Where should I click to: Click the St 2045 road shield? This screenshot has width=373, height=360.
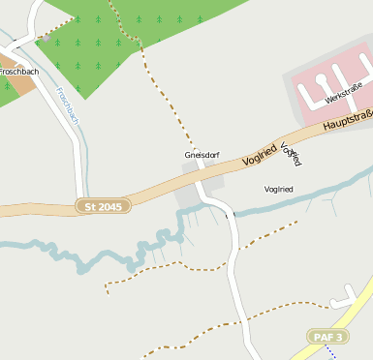coord(104,206)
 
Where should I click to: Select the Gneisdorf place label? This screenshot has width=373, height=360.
coord(202,155)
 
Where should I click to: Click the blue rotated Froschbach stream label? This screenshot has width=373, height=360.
coord(67,105)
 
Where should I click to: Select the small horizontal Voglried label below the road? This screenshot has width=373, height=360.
coord(278,189)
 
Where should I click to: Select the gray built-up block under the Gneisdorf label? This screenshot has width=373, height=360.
coord(190,193)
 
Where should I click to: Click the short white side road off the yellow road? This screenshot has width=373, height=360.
coord(344,302)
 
